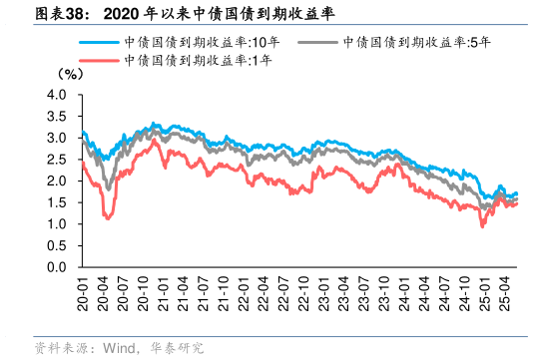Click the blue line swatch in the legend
[x=100, y=43]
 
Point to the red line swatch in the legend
[x=100, y=61]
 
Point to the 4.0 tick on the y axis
[x=56, y=95]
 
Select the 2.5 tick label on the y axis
[x=56, y=160]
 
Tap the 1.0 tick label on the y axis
[x=56, y=224]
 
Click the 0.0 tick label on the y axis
[x=56, y=267]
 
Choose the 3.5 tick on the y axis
[x=56, y=117]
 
